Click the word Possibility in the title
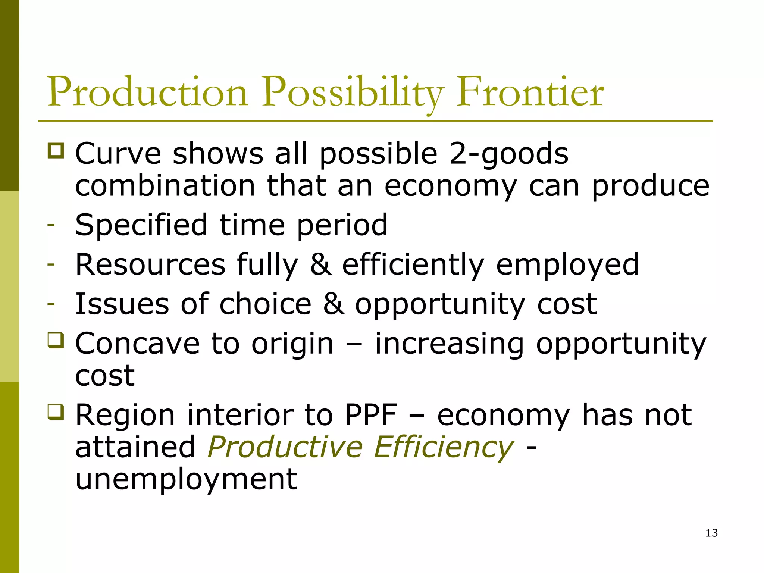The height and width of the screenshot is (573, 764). pos(352,93)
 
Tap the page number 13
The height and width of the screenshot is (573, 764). pos(711,533)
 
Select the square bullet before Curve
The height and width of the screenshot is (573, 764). pos(56,151)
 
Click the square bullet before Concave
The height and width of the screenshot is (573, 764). pos(56,341)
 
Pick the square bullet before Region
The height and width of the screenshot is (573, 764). pos(56,412)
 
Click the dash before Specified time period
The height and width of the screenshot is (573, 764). pos(51,225)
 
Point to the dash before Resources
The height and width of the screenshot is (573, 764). pos(51,264)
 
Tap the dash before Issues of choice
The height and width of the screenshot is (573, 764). pos(51,304)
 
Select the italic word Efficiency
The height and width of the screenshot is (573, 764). pos(444,447)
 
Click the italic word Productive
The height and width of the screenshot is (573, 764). pos(285,447)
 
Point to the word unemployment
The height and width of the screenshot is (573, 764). pos(186,480)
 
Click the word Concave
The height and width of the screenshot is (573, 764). pos(137,343)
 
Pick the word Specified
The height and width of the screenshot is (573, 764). pos(141,225)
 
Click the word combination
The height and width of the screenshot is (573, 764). pos(165,186)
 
